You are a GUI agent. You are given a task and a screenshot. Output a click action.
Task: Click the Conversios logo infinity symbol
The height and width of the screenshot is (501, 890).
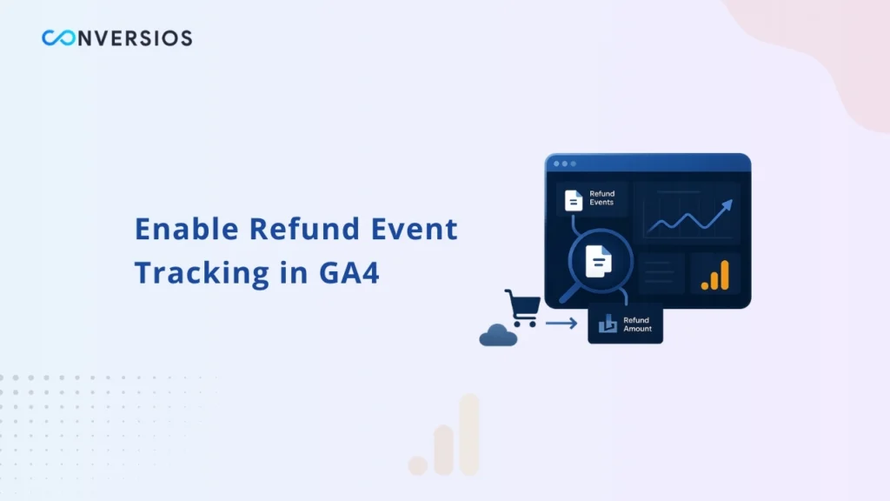pos(59,38)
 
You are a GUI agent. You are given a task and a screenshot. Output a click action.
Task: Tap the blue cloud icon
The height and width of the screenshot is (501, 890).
pos(498,335)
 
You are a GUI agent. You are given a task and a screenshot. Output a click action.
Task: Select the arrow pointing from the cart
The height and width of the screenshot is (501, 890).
pos(561,324)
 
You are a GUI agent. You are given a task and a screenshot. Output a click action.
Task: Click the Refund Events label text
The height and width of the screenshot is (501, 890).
pos(601,198)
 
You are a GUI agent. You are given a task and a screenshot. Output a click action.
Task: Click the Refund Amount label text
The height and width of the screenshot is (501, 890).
pos(637,324)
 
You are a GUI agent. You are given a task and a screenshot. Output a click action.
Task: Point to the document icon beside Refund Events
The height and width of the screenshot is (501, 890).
pos(574,199)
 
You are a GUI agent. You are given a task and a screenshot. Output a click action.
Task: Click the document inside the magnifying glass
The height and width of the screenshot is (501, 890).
pos(598,260)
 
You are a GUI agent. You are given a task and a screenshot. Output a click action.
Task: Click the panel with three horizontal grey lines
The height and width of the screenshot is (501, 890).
pos(661,272)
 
